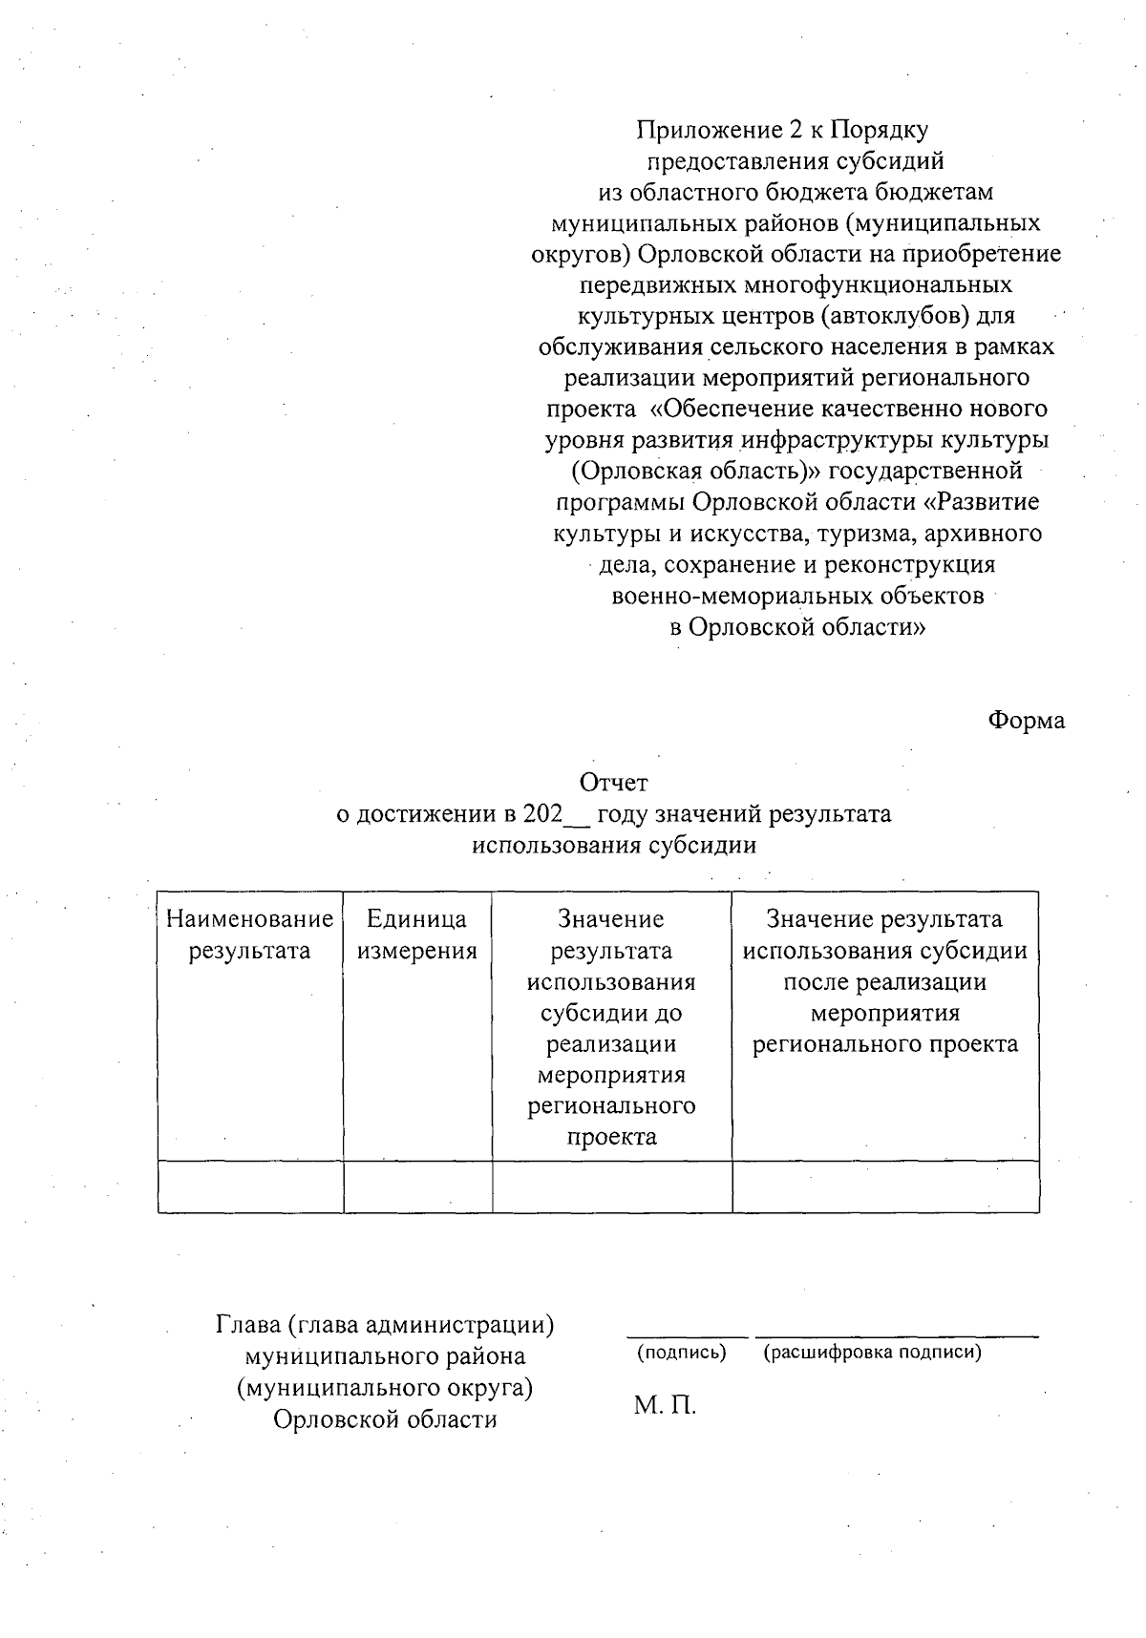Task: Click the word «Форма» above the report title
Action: [x=1026, y=721]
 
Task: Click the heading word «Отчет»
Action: [x=614, y=784]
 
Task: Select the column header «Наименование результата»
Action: [x=249, y=934]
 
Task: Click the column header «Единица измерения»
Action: [x=416, y=934]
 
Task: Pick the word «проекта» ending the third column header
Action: [x=611, y=1137]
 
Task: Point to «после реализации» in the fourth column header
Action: [x=884, y=981]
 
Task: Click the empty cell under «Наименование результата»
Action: [x=250, y=1186]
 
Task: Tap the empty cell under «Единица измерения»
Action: [x=417, y=1186]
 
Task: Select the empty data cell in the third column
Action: [x=611, y=1186]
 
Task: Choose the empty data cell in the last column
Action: [x=885, y=1186]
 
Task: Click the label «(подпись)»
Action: [x=681, y=1352]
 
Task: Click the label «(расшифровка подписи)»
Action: [x=872, y=1352]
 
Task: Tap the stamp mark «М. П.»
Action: [x=665, y=1404]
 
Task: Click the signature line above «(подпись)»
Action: [x=687, y=1336]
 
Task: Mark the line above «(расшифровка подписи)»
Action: [x=896, y=1336]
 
